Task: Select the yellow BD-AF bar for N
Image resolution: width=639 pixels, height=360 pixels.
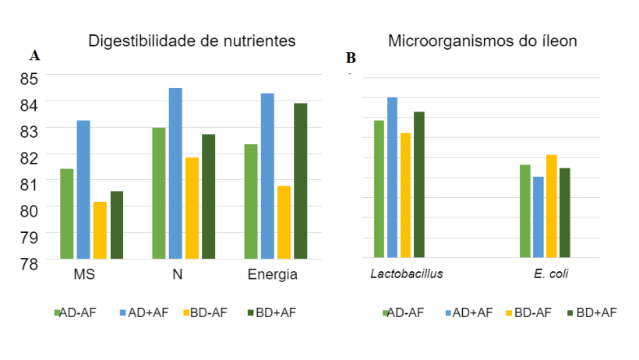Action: [192, 208]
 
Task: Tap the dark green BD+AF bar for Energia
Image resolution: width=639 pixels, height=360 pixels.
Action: [301, 181]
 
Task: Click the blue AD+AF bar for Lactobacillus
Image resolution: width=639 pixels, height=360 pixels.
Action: [392, 177]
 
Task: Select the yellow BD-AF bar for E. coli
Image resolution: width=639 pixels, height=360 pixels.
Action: [552, 206]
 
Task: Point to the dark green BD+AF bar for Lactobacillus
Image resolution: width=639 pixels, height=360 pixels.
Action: [418, 185]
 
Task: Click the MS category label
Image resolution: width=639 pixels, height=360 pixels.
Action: [84, 276]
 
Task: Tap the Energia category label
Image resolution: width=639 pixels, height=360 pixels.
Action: [273, 276]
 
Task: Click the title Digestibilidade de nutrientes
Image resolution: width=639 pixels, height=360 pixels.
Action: [192, 41]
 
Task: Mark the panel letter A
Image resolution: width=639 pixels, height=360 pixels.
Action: [34, 55]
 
